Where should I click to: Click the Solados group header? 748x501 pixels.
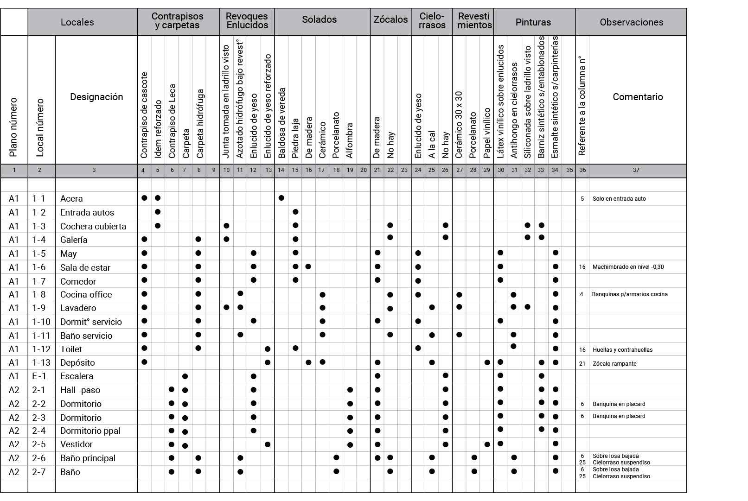319,19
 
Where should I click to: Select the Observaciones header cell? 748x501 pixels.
631,22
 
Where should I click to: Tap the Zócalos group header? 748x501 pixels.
390,19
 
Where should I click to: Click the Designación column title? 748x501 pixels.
96,97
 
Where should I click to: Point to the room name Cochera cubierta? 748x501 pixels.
93,226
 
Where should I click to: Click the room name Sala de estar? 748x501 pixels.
85,267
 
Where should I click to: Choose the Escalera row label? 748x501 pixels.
77,376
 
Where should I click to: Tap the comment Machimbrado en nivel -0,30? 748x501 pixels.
628,267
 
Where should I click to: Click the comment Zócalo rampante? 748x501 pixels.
614,364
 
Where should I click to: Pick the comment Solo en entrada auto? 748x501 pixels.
619,199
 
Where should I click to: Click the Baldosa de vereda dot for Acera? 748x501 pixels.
281,198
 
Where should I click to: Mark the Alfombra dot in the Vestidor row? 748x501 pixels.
350,445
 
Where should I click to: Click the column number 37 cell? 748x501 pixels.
636,170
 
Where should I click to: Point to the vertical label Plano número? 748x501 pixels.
13,127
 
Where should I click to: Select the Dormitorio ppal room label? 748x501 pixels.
90,431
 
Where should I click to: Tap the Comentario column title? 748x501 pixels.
638,97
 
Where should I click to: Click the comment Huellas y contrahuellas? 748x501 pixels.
622,350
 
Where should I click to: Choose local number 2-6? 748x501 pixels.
39,458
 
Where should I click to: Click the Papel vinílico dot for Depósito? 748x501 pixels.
487,362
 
